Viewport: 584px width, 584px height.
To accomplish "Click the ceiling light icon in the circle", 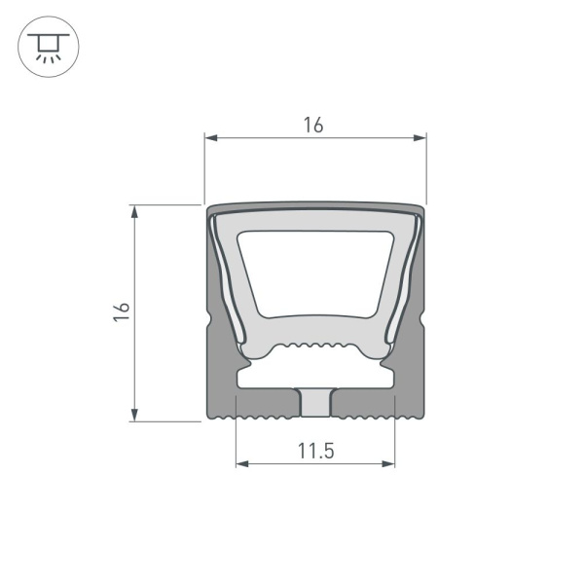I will pyautogui.click(x=43, y=45).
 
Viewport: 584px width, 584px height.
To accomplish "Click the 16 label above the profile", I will pyautogui.click(x=312, y=125).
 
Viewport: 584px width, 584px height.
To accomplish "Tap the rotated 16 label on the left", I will pyautogui.click(x=120, y=312).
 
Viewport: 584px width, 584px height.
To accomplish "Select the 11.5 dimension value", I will pyautogui.click(x=314, y=450).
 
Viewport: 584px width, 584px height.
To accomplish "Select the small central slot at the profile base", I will pyautogui.click(x=315, y=402).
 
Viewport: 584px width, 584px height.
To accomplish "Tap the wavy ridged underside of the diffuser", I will pyautogui.click(x=314, y=347).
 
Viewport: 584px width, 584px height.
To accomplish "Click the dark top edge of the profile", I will pyautogui.click(x=315, y=206).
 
